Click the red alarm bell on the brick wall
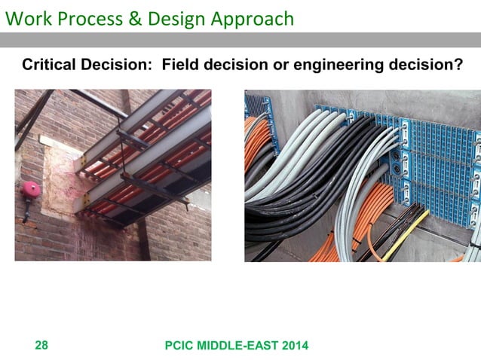coord(32,189)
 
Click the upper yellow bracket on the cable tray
coord(81,162)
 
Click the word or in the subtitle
coord(269,66)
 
